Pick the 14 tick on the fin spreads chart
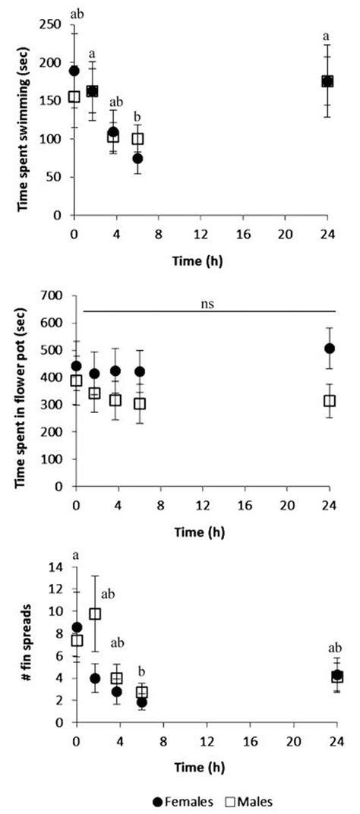click(55, 566)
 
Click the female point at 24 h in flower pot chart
click(330, 349)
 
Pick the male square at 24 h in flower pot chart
click(330, 400)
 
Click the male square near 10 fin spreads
click(95, 614)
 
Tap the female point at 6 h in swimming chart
click(137, 159)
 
